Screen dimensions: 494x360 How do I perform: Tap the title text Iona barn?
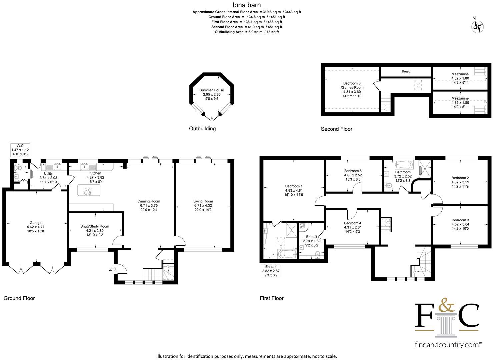click(x=247, y=5)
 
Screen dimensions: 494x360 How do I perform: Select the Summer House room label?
click(x=211, y=90)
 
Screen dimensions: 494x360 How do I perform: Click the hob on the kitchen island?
click(x=88, y=191)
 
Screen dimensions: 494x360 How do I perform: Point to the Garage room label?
click(x=36, y=223)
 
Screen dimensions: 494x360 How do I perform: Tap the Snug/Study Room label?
click(x=95, y=226)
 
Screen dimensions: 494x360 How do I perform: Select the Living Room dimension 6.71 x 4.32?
click(x=203, y=205)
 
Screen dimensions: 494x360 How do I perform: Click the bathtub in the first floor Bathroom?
click(x=404, y=165)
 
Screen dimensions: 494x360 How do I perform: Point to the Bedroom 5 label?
click(x=353, y=171)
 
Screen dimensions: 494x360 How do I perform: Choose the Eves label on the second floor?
click(x=405, y=72)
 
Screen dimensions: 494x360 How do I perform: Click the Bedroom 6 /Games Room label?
click(x=352, y=85)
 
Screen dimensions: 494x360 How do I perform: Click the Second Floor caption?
click(x=337, y=129)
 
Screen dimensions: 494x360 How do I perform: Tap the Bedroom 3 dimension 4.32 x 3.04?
click(x=460, y=224)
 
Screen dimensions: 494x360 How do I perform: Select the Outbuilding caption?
click(x=202, y=129)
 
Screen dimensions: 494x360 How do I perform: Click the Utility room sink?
click(x=58, y=166)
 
